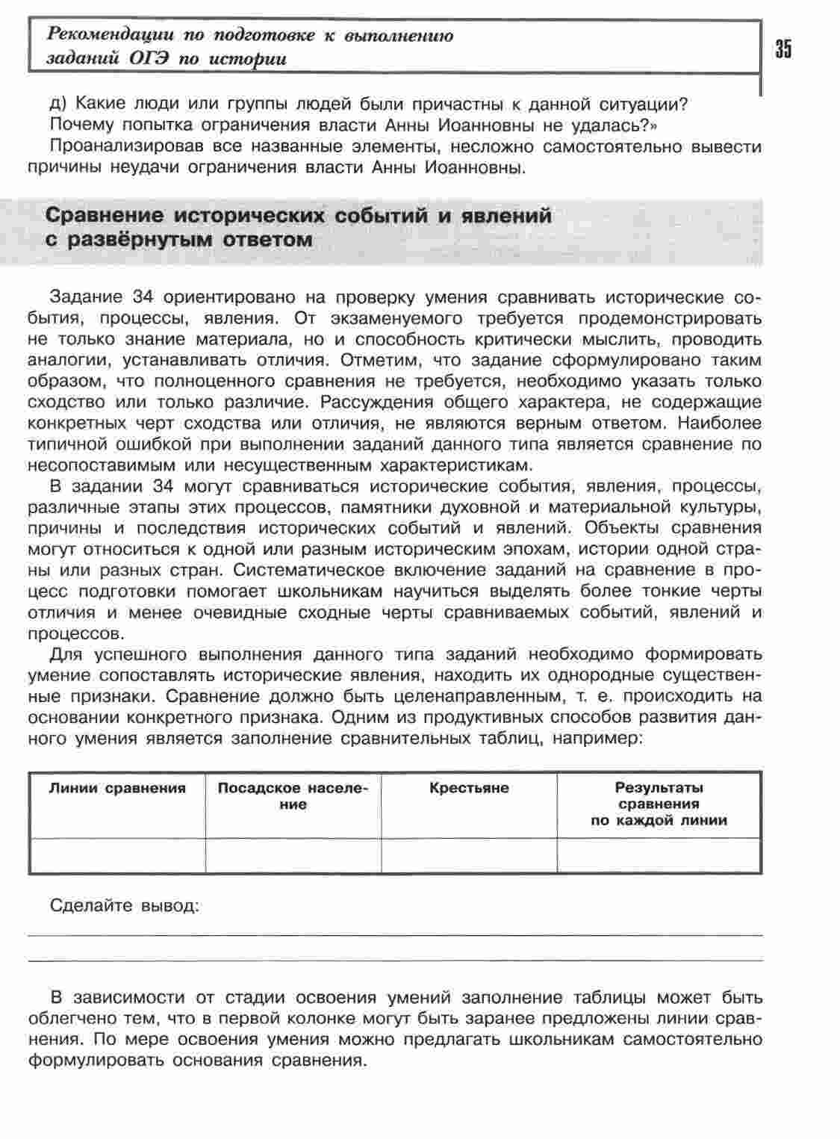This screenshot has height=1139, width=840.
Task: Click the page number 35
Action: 783,49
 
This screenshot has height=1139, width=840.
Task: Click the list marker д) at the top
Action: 59,103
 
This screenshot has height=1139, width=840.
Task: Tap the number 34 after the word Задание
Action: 142,297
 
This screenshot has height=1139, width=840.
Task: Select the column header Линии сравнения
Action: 117,788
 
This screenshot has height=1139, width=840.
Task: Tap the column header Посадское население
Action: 293,796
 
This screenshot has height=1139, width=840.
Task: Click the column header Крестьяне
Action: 469,788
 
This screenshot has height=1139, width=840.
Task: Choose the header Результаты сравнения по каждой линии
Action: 659,804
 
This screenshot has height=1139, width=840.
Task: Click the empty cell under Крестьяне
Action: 469,855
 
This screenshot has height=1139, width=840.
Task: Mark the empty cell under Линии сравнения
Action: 117,855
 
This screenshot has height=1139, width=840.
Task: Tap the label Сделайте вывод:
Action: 125,906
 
